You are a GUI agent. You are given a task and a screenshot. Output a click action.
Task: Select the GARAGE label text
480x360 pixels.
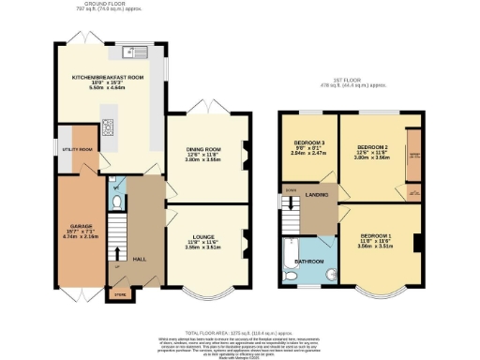pyautogui.click(x=79, y=226)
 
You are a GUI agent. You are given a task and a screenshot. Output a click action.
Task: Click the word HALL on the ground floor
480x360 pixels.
pyautogui.click(x=140, y=257)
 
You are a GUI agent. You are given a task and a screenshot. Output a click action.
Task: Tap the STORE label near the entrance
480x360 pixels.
pyautogui.click(x=118, y=293)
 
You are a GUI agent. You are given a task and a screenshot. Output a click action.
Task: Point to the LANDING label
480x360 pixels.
pyautogui.click(x=317, y=194)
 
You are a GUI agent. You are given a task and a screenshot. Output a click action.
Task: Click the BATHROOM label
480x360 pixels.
pyautogui.click(x=309, y=261)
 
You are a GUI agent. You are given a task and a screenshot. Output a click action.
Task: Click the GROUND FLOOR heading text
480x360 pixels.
pyautogui.click(x=104, y=5)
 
